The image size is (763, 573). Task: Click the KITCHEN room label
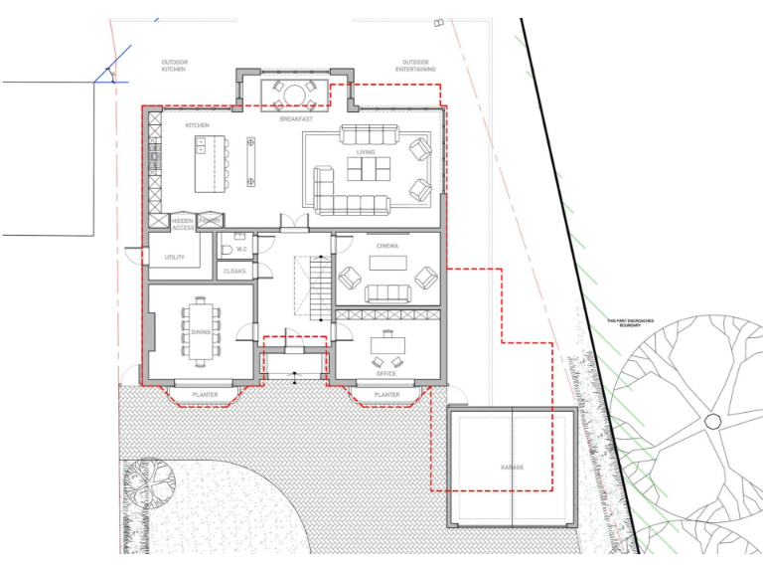click(x=197, y=125)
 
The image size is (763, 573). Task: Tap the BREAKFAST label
click(x=295, y=119)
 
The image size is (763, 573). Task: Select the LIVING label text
click(x=366, y=152)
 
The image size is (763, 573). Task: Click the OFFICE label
click(x=386, y=373)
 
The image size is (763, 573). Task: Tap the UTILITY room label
click(x=175, y=258)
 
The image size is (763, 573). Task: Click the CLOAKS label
click(x=234, y=271)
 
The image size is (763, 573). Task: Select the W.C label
click(x=241, y=249)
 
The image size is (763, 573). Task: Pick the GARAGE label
click(x=512, y=467)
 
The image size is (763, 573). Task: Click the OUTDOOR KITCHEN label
click(x=175, y=66)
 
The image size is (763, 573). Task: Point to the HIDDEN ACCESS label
click(x=182, y=224)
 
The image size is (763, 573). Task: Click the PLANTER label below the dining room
click(x=205, y=395)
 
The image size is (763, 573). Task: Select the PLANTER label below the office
click(x=386, y=395)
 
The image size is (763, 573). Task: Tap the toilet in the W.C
click(x=227, y=249)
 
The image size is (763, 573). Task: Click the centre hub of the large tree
click(x=712, y=422)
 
